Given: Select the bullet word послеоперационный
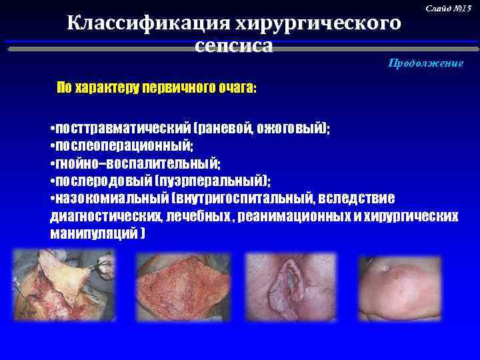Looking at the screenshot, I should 123,146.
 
